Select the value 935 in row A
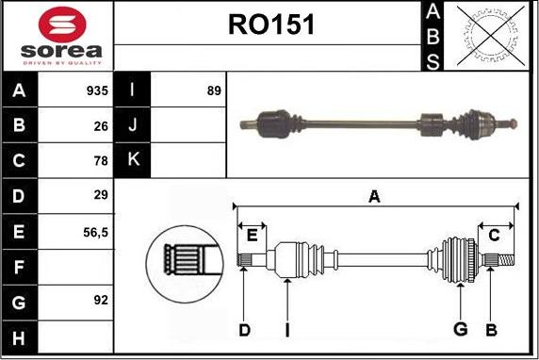pyautogui.click(x=97, y=91)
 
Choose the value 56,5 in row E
pyautogui.click(x=95, y=230)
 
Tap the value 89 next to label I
pyautogui.click(x=213, y=91)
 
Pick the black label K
pyautogui.click(x=132, y=160)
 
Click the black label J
pyautogui.click(x=132, y=125)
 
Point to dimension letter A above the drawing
pyautogui.click(x=374, y=196)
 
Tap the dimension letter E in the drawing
pyautogui.click(x=252, y=235)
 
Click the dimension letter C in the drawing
pyautogui.click(x=494, y=235)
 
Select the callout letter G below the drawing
pyautogui.click(x=460, y=329)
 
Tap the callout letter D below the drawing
pyautogui.click(x=244, y=329)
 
